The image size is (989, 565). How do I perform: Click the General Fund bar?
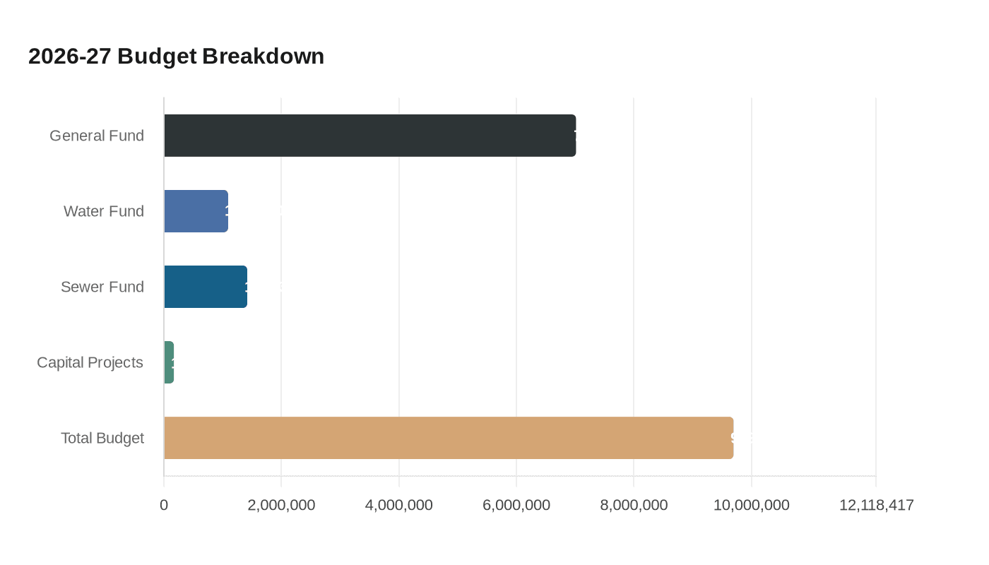coord(369,136)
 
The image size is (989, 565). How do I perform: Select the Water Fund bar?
coord(196,211)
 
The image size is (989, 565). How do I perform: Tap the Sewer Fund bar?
coord(206,287)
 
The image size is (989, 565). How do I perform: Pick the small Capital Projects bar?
coord(169,362)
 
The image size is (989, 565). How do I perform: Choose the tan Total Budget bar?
coord(449,438)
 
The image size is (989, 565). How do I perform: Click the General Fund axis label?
coord(97,136)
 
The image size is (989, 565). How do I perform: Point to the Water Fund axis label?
coord(104,211)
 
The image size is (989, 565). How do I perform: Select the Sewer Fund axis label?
coord(102,287)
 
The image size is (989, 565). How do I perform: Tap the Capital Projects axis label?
coord(90,362)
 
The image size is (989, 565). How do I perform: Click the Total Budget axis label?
coord(102,438)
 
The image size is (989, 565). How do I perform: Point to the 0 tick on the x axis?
coord(164,505)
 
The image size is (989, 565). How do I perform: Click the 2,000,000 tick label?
coord(281,505)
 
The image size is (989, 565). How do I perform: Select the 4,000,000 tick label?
coord(399,505)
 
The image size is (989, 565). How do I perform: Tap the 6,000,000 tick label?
coord(516,505)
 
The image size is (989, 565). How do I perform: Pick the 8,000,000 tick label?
coord(634,505)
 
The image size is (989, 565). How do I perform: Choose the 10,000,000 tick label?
coord(751,505)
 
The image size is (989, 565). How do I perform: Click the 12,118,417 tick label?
coord(876,505)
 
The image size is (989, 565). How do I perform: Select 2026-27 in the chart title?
coord(70,56)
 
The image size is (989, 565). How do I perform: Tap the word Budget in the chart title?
coord(157,56)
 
